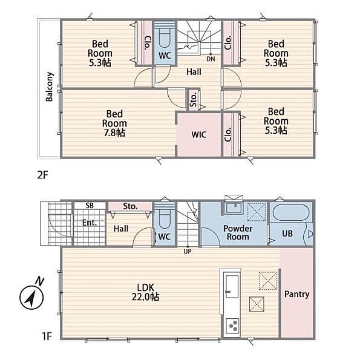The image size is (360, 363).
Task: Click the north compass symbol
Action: (31, 295)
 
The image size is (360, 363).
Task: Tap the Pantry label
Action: (297, 294)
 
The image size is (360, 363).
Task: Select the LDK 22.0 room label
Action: (145, 292)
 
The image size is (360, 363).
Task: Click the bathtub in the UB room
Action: (291, 213)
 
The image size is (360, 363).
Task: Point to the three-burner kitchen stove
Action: (232, 325)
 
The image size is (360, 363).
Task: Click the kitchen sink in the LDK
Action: (232, 287)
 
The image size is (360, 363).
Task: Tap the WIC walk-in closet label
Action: (199, 134)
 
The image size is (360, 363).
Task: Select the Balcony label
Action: (50, 87)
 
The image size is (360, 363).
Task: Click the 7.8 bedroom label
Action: (114, 123)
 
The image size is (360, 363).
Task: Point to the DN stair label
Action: (211, 59)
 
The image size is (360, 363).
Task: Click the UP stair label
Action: (188, 252)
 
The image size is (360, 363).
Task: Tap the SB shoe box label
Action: (90, 205)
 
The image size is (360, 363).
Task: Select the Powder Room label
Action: (238, 233)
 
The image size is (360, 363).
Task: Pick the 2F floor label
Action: (42, 175)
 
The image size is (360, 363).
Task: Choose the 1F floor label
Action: (47, 336)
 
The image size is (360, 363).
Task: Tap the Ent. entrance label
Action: (90, 223)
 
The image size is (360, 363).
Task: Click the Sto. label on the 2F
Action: (193, 100)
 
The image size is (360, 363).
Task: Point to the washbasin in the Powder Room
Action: (234, 208)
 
